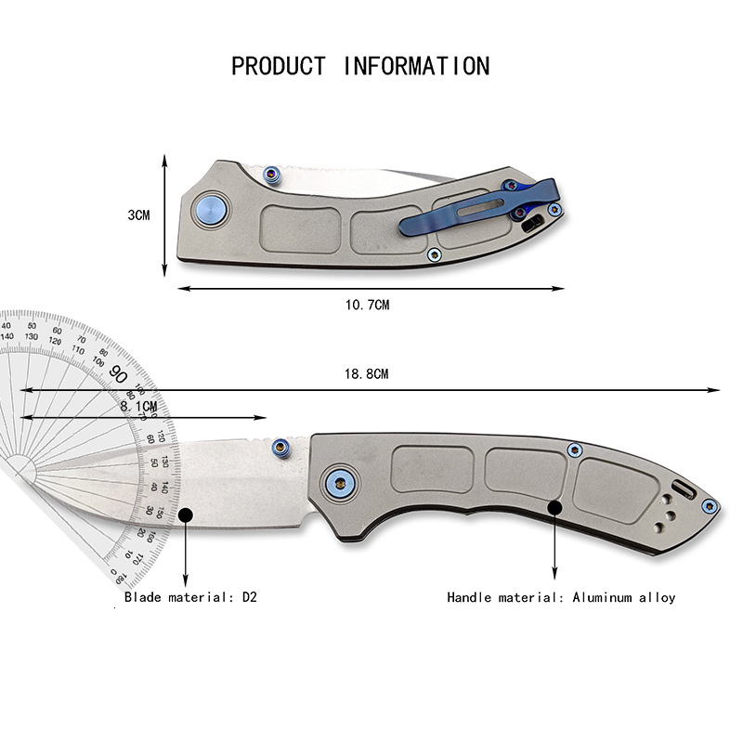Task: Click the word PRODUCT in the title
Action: pyautogui.click(x=279, y=67)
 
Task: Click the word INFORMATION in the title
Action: pyautogui.click(x=417, y=67)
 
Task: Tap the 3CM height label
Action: pyautogui.click(x=138, y=215)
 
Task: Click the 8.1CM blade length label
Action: pyautogui.click(x=139, y=406)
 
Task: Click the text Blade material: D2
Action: pyautogui.click(x=190, y=597)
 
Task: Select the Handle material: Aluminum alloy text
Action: pyautogui.click(x=561, y=597)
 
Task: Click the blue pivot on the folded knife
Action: pyautogui.click(x=212, y=210)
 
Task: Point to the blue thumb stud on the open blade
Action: pyautogui.click(x=280, y=449)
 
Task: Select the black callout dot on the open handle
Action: pyautogui.click(x=555, y=507)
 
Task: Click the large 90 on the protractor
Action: pyautogui.click(x=118, y=373)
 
